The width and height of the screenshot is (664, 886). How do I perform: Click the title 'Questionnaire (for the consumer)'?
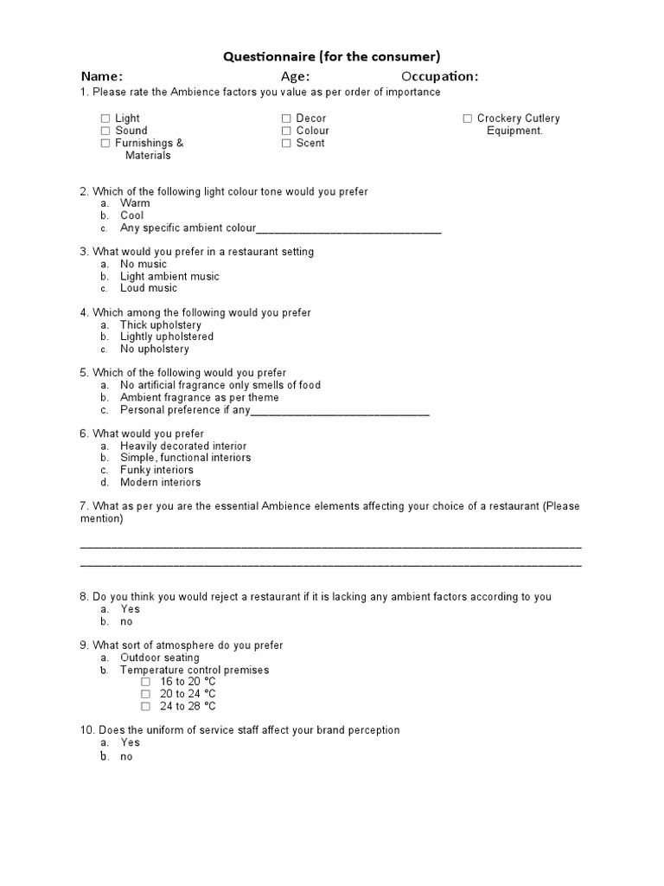[x=332, y=57]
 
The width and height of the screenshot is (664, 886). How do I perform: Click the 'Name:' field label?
[x=102, y=76]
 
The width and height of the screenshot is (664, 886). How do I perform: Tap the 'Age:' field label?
[x=295, y=76]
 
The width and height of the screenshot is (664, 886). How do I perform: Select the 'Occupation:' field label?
[x=439, y=76]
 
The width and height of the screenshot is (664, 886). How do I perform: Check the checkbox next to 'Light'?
[x=105, y=119]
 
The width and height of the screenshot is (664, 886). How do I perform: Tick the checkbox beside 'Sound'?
[x=105, y=131]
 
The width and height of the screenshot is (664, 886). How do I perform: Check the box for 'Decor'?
[x=286, y=119]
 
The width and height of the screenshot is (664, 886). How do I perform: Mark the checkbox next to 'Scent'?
[x=286, y=144]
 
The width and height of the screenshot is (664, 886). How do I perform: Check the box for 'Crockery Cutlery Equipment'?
[x=467, y=119]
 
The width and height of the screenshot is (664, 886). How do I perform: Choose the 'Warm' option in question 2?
[x=135, y=203]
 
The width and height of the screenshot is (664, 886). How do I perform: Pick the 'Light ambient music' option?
[x=169, y=277]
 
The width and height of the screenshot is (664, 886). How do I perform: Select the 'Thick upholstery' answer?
[x=161, y=325]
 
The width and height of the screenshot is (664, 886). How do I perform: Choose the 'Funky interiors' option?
[x=156, y=471]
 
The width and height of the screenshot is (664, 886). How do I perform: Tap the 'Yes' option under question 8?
[x=130, y=609]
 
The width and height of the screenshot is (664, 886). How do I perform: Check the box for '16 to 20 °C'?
[x=146, y=682]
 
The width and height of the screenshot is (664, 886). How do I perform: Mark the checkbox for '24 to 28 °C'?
[x=146, y=707]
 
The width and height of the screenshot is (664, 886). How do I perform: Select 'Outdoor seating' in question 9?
[x=160, y=658]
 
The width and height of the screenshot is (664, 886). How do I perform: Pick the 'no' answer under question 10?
[x=126, y=756]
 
